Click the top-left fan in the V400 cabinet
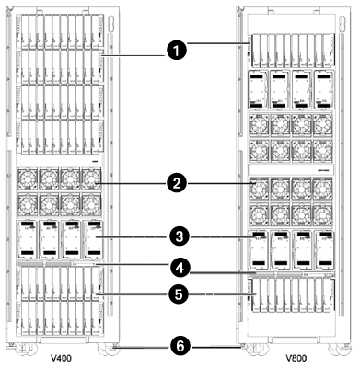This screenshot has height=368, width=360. [x=30, y=178]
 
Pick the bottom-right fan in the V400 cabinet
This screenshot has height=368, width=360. [x=91, y=202]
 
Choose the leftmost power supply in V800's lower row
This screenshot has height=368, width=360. [x=259, y=249]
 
